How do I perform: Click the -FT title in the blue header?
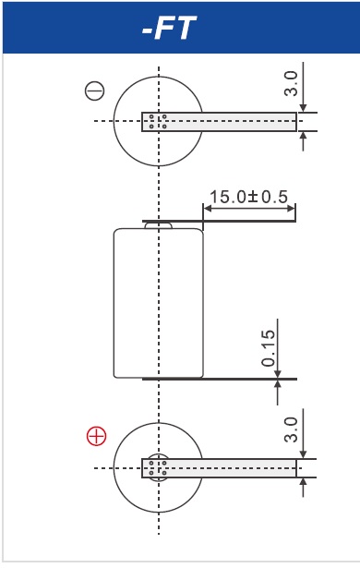(169, 28)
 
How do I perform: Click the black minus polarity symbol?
(94, 91)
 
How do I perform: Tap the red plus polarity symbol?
(96, 436)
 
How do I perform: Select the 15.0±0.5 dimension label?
(249, 197)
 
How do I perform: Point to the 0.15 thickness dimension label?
(269, 348)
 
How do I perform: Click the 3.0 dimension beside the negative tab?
(291, 84)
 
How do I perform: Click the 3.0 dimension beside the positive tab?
(291, 429)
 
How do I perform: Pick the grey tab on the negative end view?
(219, 122)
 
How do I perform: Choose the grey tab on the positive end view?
(219, 468)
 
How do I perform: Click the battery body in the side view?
(158, 303)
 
